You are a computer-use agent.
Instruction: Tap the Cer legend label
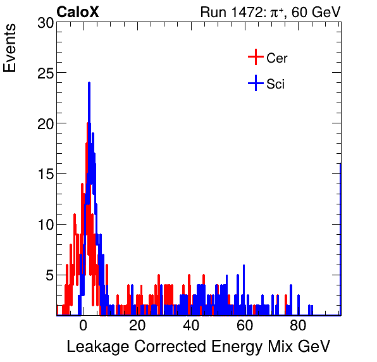point(277,58)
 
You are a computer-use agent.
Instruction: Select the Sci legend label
point(275,84)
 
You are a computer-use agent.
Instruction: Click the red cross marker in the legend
point(255,58)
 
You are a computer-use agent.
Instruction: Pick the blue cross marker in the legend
point(255,83)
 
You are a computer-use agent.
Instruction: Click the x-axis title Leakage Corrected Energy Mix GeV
point(198,347)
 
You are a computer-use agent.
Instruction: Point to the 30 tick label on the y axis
point(44,23)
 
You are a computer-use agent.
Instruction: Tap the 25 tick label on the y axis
point(44,73)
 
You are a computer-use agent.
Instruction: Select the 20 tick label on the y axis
point(44,123)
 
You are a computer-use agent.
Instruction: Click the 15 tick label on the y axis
point(44,174)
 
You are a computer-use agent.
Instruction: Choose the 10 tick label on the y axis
point(44,225)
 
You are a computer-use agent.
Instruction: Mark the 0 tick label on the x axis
point(83,327)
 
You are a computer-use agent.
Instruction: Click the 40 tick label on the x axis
point(191,327)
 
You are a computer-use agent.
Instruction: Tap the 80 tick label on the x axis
point(299,327)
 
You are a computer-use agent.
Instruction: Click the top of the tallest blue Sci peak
point(89,83)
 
